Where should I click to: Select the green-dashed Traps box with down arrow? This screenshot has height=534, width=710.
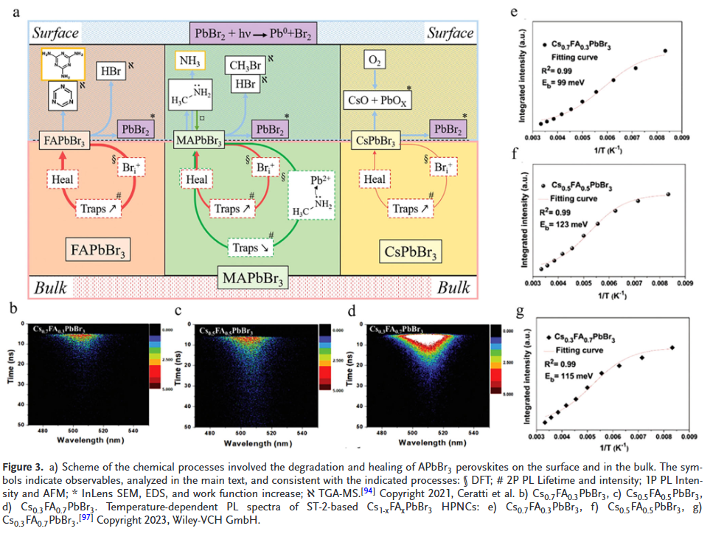point(248,248)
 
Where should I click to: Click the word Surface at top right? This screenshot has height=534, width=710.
point(449,32)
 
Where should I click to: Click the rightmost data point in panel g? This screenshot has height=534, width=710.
point(672,347)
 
